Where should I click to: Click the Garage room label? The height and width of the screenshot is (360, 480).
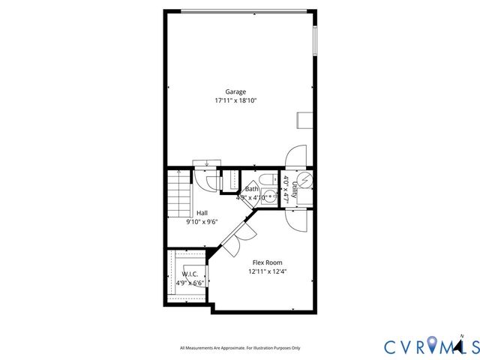coord(235,91)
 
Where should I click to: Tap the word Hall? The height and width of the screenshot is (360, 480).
coord(202,213)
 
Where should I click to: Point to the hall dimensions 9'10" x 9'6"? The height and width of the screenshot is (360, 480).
coord(202,222)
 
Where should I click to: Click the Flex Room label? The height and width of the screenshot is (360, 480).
coord(266,262)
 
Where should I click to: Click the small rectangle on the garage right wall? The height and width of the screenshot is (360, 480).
coord(306,121)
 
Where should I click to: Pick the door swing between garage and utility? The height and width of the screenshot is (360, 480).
coord(294,155)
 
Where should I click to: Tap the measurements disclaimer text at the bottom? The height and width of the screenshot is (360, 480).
coord(240,347)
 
